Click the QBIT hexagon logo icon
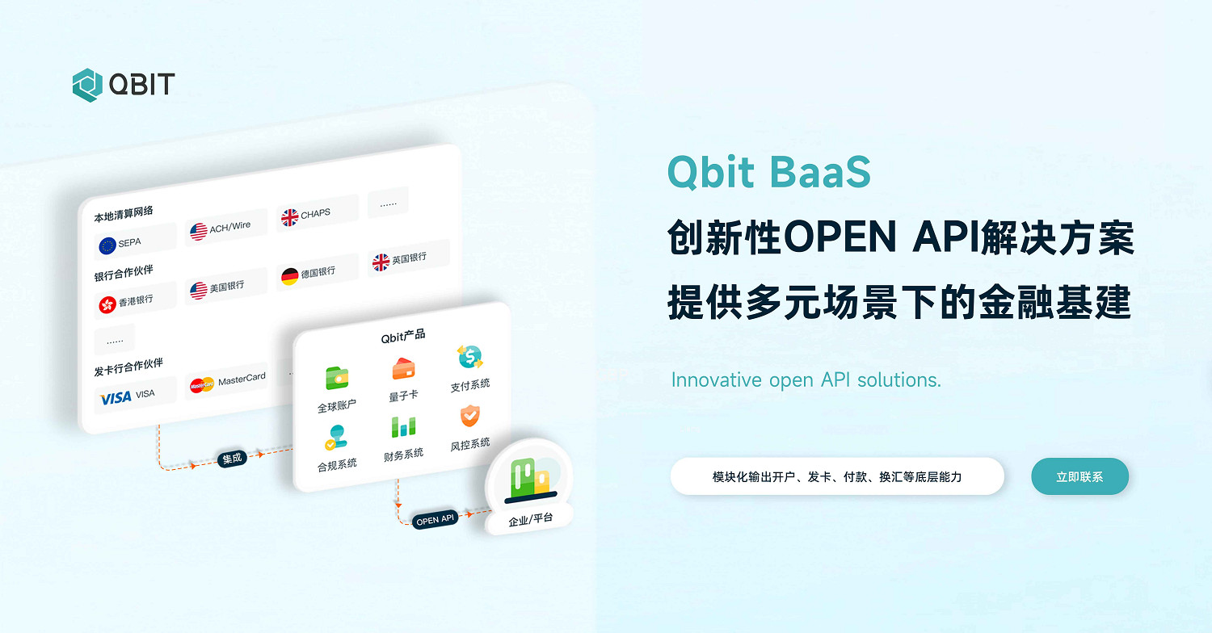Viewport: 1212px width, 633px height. point(87,85)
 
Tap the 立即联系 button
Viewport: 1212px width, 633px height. point(1079,476)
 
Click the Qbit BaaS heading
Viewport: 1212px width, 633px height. point(768,172)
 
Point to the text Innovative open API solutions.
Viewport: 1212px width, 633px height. point(806,379)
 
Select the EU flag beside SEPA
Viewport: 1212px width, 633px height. point(107,245)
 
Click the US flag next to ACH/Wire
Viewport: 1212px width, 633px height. point(199,232)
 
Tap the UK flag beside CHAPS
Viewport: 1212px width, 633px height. point(289,217)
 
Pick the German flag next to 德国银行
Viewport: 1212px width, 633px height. point(289,276)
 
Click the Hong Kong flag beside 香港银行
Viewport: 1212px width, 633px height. point(107,304)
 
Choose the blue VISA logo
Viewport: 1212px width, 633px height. point(116,397)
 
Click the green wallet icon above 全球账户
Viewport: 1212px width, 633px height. point(337,377)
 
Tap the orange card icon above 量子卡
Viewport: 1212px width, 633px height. point(403,368)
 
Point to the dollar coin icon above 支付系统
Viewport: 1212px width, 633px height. point(469,356)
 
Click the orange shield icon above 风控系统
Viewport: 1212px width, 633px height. point(469,416)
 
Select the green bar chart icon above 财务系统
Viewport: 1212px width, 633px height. point(403,427)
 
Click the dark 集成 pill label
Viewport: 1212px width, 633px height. point(232,459)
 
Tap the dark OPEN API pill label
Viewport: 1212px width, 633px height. point(436,520)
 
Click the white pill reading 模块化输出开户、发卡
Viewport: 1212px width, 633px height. point(837,476)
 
